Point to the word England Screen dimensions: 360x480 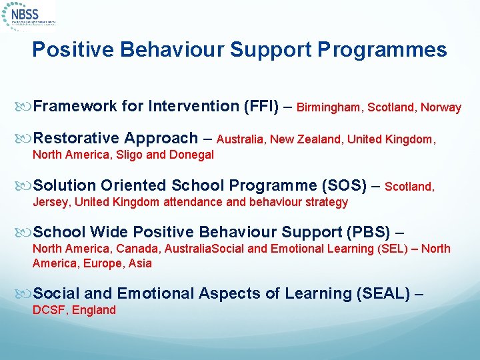pyautogui.click(x=94, y=310)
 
